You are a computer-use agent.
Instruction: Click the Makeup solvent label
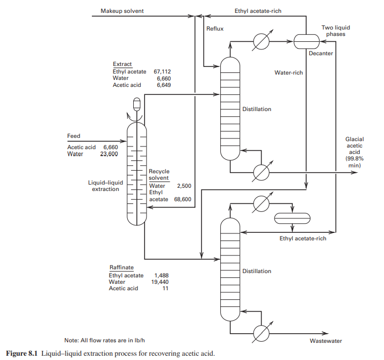tap(122, 11)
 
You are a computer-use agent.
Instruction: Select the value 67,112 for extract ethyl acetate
tap(162, 71)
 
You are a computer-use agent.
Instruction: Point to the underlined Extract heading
tap(122, 64)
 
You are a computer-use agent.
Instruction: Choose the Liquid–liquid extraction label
tap(105, 186)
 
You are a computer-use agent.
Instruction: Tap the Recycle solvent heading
tap(158, 174)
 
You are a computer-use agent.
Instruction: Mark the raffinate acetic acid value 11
tap(166, 288)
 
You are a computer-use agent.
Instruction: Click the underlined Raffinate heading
tap(121, 268)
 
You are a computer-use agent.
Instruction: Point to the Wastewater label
tap(325, 341)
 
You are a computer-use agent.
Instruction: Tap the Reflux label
tap(215, 28)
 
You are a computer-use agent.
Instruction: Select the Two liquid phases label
tap(334, 31)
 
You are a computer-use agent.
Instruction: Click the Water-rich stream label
tap(288, 72)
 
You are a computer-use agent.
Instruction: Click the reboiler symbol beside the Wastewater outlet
tap(262, 333)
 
